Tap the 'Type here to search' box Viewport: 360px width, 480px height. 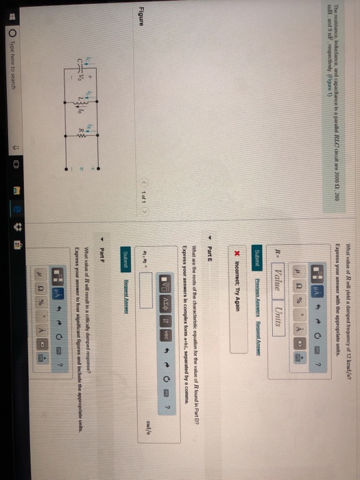tap(10, 425)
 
